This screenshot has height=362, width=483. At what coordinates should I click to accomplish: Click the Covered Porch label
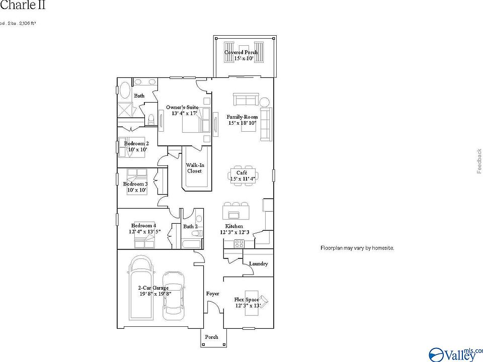[x=242, y=52]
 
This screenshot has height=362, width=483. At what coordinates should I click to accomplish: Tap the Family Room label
[x=242, y=117]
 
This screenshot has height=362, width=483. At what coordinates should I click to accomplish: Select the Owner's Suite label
[x=182, y=108]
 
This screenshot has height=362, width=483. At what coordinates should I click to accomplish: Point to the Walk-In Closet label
[x=195, y=168]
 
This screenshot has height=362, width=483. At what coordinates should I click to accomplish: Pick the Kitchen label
[x=234, y=226]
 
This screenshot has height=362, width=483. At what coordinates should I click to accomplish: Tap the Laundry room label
[x=259, y=263]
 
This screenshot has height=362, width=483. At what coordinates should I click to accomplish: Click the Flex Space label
[x=247, y=300]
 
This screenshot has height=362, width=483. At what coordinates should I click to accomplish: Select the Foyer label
[x=213, y=293]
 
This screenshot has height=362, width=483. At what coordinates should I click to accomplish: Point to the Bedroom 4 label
[x=143, y=226]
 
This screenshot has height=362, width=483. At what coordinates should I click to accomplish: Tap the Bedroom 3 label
[x=135, y=184]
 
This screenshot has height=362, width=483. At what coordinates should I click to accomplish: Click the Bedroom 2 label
[x=136, y=143]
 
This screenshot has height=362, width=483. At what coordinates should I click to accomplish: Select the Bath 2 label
[x=190, y=227]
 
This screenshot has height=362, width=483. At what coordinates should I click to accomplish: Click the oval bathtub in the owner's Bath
[x=124, y=90]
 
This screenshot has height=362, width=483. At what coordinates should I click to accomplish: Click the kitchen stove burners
[x=239, y=243]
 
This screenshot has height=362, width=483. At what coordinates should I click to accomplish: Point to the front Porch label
[x=212, y=337]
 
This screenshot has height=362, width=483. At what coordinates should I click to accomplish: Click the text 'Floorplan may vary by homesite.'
[x=357, y=248]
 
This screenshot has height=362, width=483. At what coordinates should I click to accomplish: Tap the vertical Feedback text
[x=479, y=161]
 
